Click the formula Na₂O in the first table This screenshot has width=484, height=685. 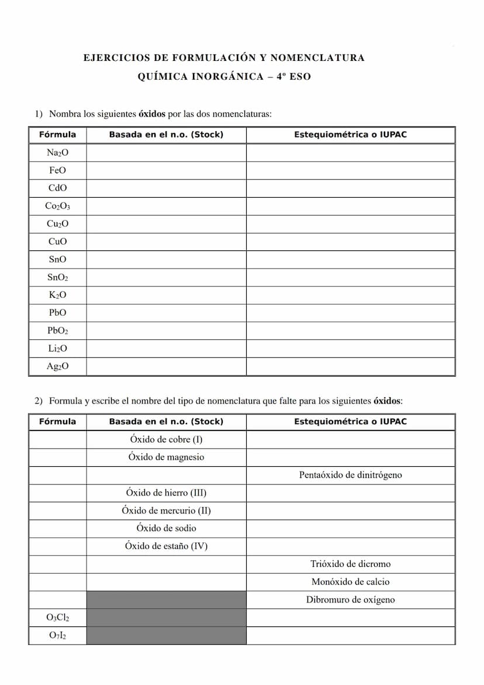(57, 153)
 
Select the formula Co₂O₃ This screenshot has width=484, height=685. (57, 206)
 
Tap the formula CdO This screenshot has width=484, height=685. (57, 188)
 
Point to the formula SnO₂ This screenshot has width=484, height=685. (57, 277)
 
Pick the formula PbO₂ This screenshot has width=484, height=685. (57, 331)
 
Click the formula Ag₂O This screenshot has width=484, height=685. (57, 366)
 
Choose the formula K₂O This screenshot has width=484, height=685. (57, 295)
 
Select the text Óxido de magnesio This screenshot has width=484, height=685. (166, 457)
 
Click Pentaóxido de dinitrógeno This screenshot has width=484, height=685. (350, 475)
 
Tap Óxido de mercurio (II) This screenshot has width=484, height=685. (166, 510)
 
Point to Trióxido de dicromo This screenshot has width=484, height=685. (350, 564)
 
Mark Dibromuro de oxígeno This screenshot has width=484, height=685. (350, 600)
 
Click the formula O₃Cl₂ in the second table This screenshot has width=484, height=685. (57, 617)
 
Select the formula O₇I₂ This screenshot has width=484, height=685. (57, 635)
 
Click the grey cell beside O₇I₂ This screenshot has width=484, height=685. (166, 635)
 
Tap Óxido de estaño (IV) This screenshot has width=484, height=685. (166, 546)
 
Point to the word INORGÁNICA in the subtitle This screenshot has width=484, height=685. (227, 77)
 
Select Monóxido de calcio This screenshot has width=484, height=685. (350, 581)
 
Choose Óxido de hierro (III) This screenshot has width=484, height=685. (166, 493)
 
